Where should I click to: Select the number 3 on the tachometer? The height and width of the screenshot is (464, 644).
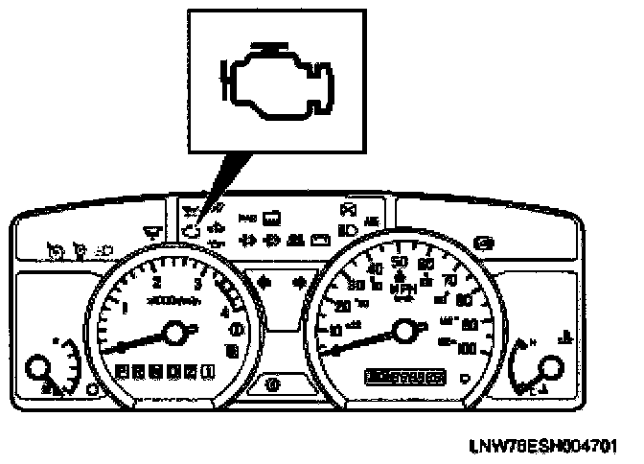pos(197,285)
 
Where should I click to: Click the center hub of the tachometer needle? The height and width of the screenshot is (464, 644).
pos(175,333)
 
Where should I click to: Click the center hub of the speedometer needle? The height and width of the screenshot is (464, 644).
pos(405,333)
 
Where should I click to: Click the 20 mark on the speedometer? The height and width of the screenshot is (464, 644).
pos(344,306)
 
